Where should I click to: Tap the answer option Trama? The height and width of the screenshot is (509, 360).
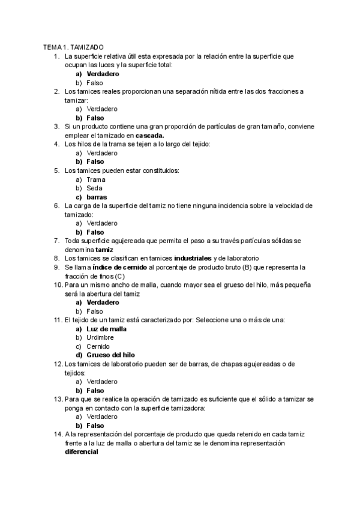96,179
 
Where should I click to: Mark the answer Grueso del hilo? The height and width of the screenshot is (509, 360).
111,355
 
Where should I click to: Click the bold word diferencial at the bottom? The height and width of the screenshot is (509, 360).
82,452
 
